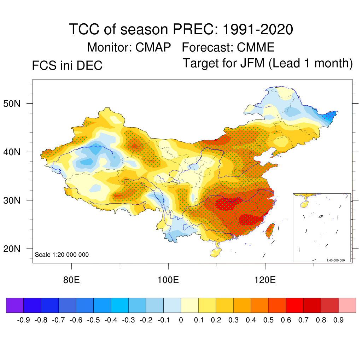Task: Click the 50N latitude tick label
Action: (x=16, y=104)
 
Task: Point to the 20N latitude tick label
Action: (x=16, y=249)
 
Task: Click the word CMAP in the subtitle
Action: (x=153, y=47)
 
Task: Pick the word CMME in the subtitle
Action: (x=256, y=47)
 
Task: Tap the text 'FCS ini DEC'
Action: (x=67, y=66)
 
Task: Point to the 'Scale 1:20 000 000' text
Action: (x=62, y=255)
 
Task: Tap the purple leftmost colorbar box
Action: (x=15, y=305)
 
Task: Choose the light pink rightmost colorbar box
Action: (x=347, y=305)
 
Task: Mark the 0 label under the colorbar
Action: (x=181, y=320)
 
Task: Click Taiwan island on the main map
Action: (x=270, y=230)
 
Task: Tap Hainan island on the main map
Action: (x=215, y=252)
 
